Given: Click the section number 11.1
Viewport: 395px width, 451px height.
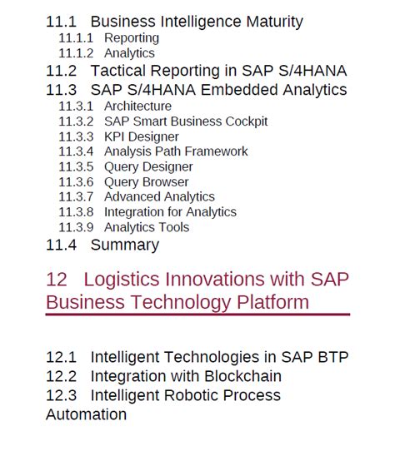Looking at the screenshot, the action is (62, 22).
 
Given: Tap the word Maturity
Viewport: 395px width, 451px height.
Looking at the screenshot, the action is (274, 22).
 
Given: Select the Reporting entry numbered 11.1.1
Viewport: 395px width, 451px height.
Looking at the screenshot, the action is (132, 38).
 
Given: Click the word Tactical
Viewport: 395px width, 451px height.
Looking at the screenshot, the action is (118, 71).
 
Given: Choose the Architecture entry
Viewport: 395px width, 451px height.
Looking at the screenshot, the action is (137, 107).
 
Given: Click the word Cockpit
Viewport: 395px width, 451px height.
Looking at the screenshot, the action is (247, 121).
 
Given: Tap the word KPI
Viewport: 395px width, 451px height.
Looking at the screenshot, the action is (114, 136).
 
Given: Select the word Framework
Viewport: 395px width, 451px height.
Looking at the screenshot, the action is (216, 151).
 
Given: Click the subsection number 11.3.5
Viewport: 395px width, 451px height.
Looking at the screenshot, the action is (76, 166).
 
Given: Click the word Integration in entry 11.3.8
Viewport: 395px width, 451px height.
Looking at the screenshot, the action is (134, 212).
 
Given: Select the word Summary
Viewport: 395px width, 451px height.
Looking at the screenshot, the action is (125, 245).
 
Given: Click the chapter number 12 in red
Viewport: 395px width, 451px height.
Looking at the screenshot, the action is (57, 280).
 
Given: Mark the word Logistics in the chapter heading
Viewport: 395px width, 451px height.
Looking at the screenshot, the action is (122, 280).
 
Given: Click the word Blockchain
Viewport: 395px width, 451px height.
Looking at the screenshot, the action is (242, 376).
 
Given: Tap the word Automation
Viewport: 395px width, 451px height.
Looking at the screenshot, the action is (86, 414).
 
